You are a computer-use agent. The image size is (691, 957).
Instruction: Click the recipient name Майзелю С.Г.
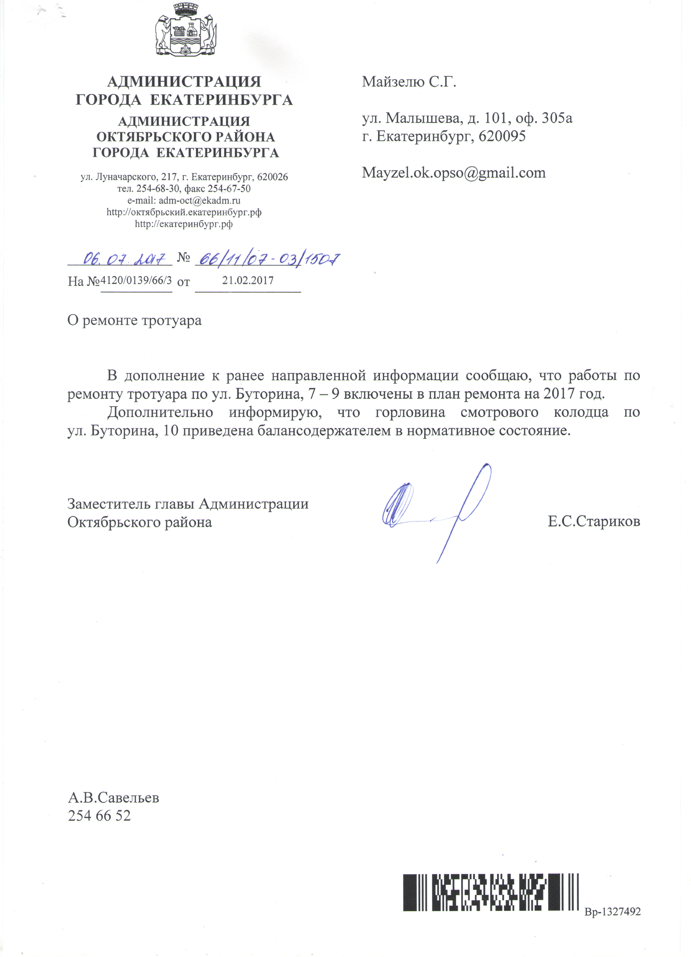[409, 81]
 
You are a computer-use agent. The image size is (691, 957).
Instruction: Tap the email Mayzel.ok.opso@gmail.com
[454, 173]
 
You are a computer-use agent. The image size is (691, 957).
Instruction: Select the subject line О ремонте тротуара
[134, 321]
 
